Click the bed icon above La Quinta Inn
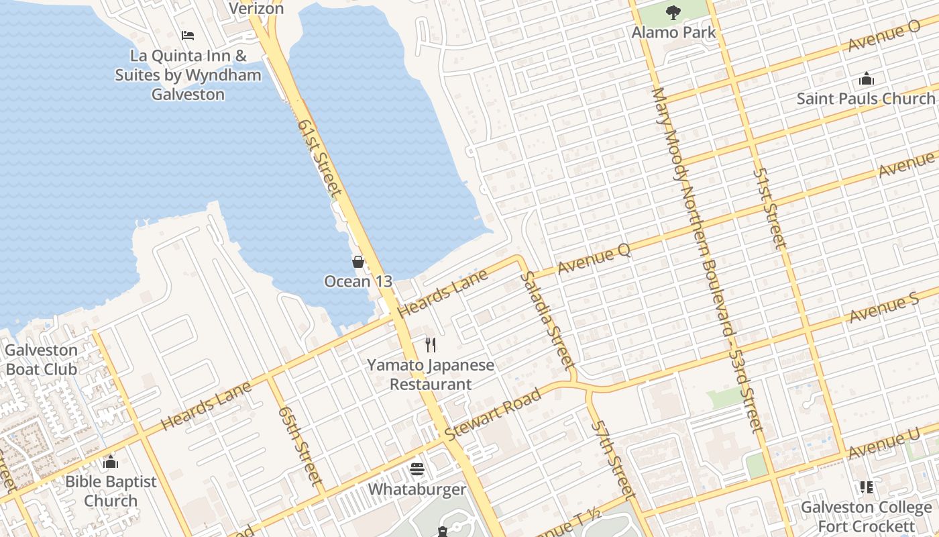pyautogui.click(x=188, y=35)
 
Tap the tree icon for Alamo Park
pyautogui.click(x=673, y=12)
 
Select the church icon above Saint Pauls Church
pyautogui.click(x=866, y=79)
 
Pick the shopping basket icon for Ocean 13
pyautogui.click(x=358, y=262)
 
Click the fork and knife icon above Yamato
pyautogui.click(x=431, y=345)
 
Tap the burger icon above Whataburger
pyautogui.click(x=417, y=469)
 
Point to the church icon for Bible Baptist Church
pyautogui.click(x=111, y=462)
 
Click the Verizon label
pyautogui.click(x=256, y=9)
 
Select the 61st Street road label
pyautogui.click(x=319, y=158)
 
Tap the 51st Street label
pyautogui.click(x=769, y=208)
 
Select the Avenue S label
pyautogui.click(x=884, y=307)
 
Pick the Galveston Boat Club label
pyautogui.click(x=42, y=359)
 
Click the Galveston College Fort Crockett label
pyautogui.click(x=866, y=517)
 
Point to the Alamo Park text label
pyautogui.click(x=673, y=32)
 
